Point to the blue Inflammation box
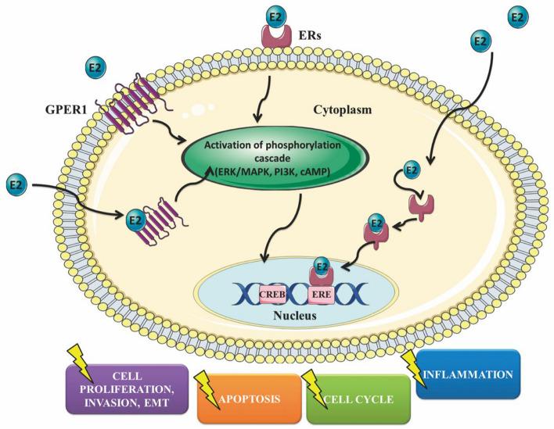468,374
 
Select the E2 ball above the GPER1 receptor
95,67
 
